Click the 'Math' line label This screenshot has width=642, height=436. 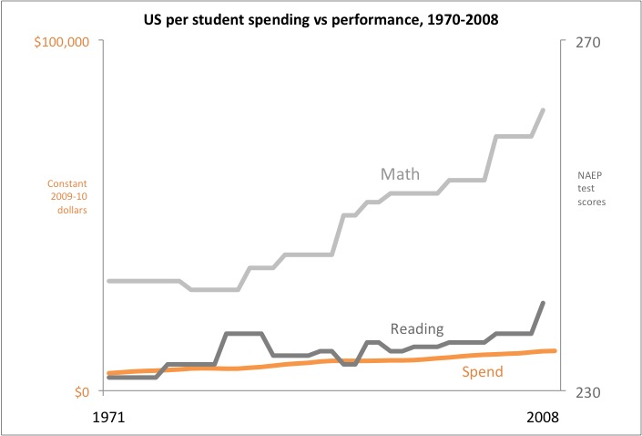pyautogui.click(x=399, y=173)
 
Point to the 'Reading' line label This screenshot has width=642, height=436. pyautogui.click(x=416, y=328)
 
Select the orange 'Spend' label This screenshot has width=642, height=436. pyautogui.click(x=483, y=371)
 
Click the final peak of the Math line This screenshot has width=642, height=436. pyautogui.click(x=544, y=110)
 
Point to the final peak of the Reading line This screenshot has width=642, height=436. pyautogui.click(x=544, y=303)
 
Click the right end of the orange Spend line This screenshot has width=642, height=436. pyautogui.click(x=555, y=350)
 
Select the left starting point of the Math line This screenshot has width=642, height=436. pyautogui.click(x=108, y=281)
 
